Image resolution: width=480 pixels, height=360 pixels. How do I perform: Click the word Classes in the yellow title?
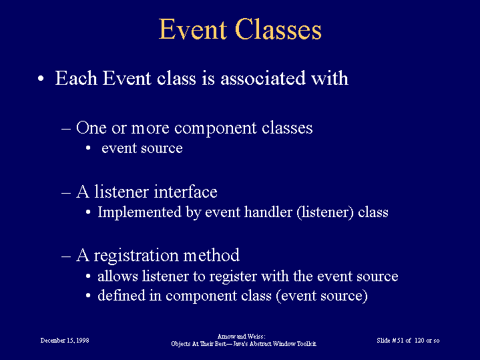[278, 29]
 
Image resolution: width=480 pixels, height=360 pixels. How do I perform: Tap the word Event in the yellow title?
[193, 29]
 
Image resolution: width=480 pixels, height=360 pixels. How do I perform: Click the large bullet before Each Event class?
[41, 79]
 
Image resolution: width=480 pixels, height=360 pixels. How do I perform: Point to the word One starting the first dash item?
[91, 128]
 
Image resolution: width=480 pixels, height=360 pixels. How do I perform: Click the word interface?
[186, 192]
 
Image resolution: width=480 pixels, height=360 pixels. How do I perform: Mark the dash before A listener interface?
[66, 193]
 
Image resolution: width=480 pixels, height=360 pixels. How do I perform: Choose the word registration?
[136, 256]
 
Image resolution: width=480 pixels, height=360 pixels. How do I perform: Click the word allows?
[117, 276]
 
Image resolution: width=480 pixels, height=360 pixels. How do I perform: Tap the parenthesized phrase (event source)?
[322, 296]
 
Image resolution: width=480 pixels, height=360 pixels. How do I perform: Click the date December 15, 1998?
[65, 341]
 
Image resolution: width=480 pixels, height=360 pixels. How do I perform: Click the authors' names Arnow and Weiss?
[241, 337]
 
